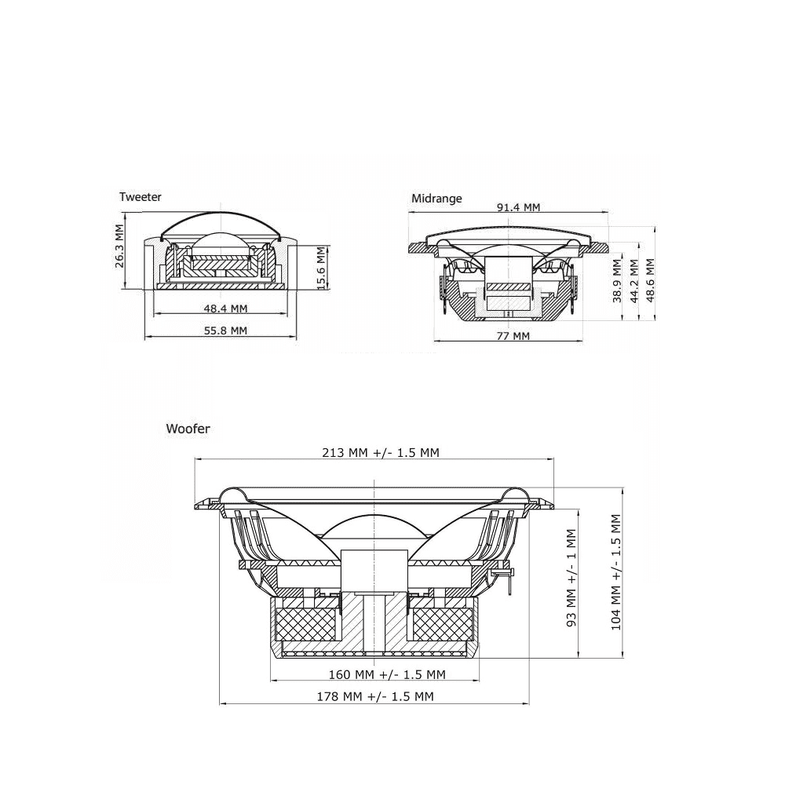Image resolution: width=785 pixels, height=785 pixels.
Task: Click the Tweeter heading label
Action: (x=140, y=197)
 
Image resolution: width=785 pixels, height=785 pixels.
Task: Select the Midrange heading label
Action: (x=436, y=199)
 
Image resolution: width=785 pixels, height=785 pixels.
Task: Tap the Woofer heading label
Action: (x=188, y=429)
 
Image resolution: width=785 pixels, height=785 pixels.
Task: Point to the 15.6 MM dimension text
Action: (x=320, y=268)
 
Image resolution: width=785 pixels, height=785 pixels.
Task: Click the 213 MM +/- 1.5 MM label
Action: (x=380, y=452)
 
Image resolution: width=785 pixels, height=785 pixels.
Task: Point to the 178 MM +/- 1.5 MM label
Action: (x=375, y=696)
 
